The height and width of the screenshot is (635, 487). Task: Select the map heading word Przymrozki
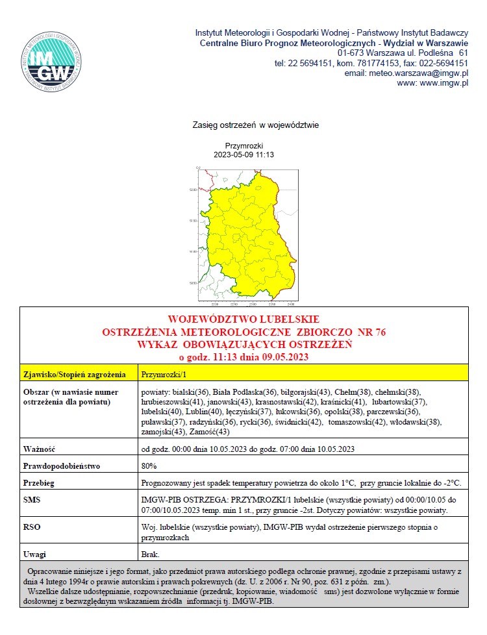(243, 146)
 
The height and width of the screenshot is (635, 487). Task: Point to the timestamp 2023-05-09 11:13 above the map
(243, 155)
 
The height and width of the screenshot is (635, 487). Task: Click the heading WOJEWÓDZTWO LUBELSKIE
(243, 319)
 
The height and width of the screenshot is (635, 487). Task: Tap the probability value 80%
(149, 466)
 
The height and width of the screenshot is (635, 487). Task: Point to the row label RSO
(32, 529)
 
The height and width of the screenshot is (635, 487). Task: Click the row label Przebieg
(40, 483)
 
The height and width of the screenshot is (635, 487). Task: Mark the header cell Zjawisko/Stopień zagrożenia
(73, 374)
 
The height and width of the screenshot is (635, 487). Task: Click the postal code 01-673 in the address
(351, 53)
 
